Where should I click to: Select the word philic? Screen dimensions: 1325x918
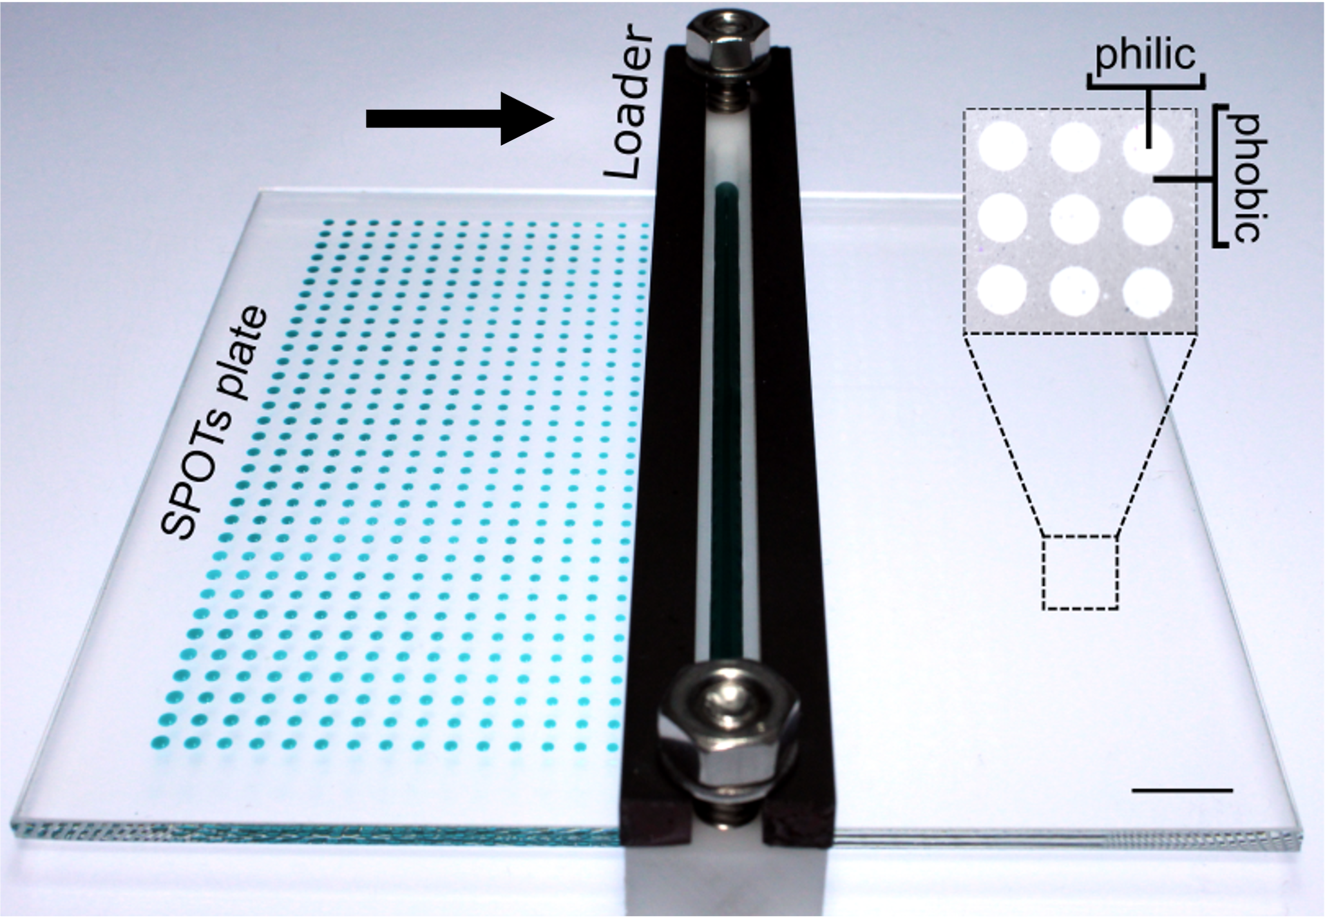click(1145, 57)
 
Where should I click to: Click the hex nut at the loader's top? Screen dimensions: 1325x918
click(729, 37)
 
